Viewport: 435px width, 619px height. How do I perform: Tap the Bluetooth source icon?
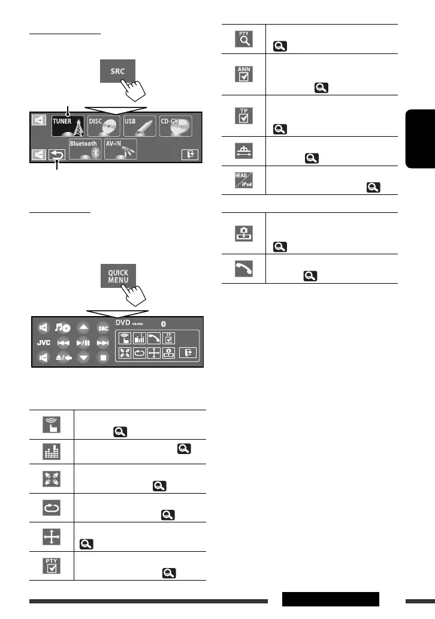point(84,149)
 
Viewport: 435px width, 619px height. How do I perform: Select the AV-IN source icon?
point(120,149)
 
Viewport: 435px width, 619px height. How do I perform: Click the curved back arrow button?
point(57,155)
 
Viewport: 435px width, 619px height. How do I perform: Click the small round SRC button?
point(103,328)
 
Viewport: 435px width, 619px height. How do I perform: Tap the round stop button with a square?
point(103,358)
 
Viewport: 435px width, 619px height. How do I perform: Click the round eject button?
point(63,358)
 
